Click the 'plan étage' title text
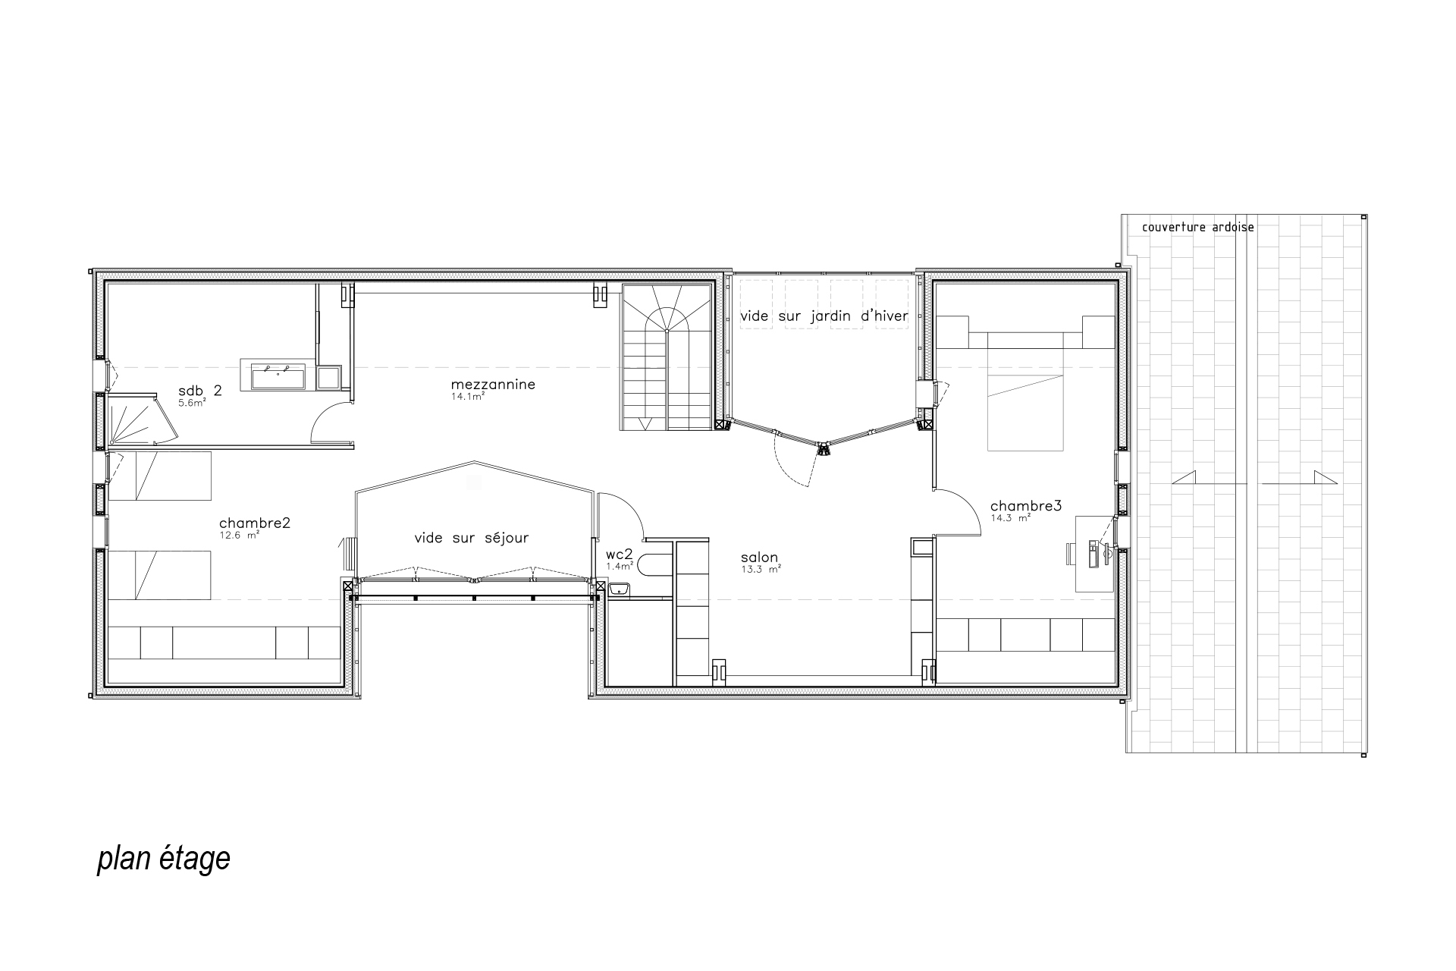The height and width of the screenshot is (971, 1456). tap(164, 859)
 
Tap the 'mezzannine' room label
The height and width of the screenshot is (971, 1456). tap(494, 384)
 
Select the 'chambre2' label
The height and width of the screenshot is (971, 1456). tap(255, 523)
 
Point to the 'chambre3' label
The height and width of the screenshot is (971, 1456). tap(1026, 506)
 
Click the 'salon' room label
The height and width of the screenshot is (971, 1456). tap(759, 558)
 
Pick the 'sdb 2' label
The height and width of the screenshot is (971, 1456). tap(200, 391)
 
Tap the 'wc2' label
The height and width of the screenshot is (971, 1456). tap(619, 555)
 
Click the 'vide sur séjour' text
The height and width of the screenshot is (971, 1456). tap(472, 538)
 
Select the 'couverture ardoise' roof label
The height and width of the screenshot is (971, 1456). tap(1198, 227)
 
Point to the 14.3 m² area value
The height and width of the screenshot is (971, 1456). tap(1010, 518)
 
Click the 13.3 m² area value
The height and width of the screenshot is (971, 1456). tap(761, 568)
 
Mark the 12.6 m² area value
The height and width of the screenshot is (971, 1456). tap(239, 534)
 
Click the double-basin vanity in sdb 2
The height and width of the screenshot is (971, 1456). tap(273, 376)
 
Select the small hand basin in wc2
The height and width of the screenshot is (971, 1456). tap(620, 588)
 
